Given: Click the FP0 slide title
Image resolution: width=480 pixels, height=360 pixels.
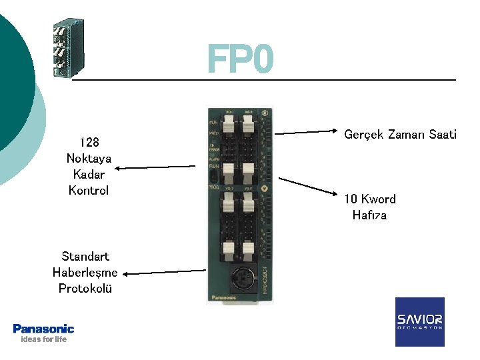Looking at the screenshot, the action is (x=240, y=59).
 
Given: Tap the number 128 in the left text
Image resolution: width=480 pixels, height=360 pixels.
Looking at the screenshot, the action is (x=89, y=142).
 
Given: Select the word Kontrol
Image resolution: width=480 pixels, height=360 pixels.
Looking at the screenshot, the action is (x=89, y=190).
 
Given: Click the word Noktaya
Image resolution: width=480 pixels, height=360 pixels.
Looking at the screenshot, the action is (x=89, y=158).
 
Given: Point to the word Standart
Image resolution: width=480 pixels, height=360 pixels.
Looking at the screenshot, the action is (x=85, y=256).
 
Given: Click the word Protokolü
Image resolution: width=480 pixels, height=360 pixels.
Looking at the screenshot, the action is (x=85, y=288).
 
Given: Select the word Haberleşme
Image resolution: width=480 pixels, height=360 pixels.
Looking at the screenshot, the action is (x=85, y=272).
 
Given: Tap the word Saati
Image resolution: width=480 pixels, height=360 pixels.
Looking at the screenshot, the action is (x=442, y=135).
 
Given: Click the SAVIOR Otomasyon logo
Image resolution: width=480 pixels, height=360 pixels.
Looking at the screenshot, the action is (x=419, y=321).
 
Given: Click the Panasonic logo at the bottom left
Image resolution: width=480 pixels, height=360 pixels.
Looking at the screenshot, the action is (x=43, y=328).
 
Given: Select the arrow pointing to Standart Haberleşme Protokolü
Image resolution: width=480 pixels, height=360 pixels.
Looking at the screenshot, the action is (x=165, y=271).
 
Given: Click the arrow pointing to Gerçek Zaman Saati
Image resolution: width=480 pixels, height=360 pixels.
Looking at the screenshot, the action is (x=307, y=132).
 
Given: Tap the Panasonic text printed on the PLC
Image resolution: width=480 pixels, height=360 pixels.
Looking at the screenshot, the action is (x=223, y=297).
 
